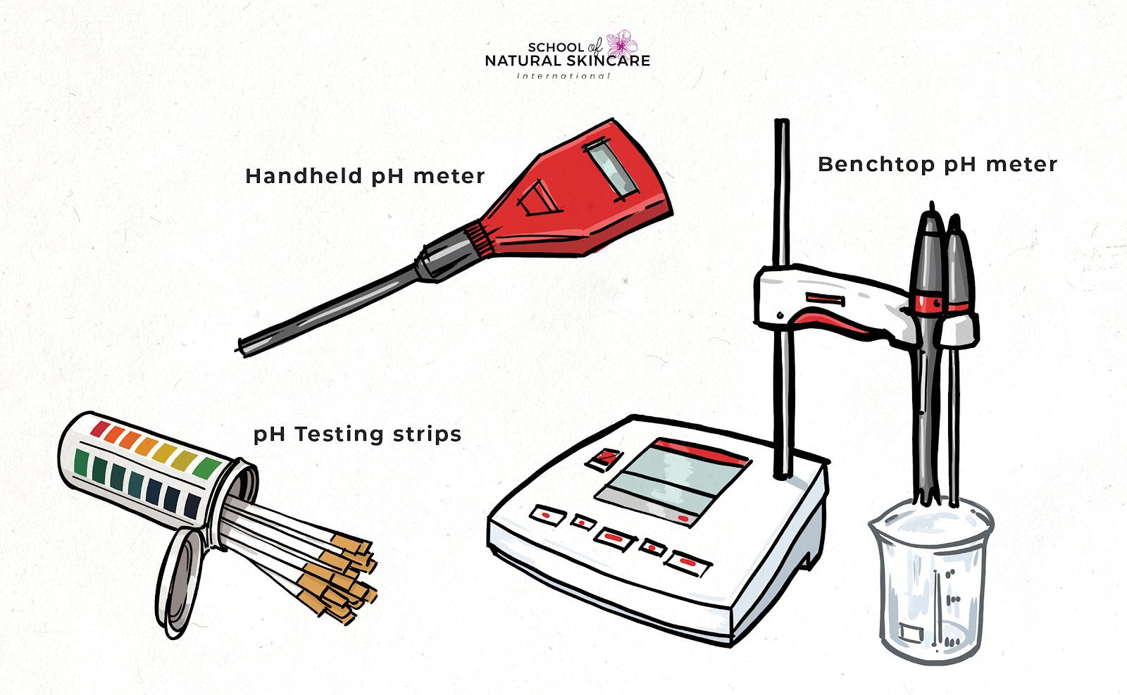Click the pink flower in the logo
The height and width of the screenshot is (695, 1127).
[x=621, y=44]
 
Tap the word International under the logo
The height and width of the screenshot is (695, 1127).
[x=563, y=75]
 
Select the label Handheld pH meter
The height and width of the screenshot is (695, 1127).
[x=365, y=176]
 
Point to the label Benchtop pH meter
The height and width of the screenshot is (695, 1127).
[x=937, y=165]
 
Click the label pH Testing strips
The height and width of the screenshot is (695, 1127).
[x=357, y=434]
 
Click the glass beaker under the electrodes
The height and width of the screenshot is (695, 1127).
[x=930, y=584]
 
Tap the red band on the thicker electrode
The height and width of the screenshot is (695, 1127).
[x=928, y=303]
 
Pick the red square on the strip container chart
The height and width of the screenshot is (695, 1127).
[x=99, y=427]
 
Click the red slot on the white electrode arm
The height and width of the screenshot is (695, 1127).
[x=825, y=300]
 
